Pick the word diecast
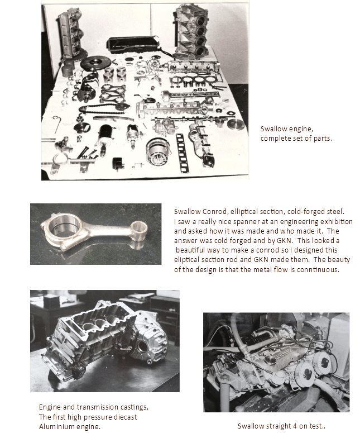(x=126, y=417)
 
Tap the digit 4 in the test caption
(x=295, y=426)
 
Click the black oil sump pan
(x=132, y=45)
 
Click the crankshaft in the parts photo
(x=88, y=86)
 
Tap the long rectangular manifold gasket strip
(x=181, y=153)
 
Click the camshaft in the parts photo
(x=190, y=120)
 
